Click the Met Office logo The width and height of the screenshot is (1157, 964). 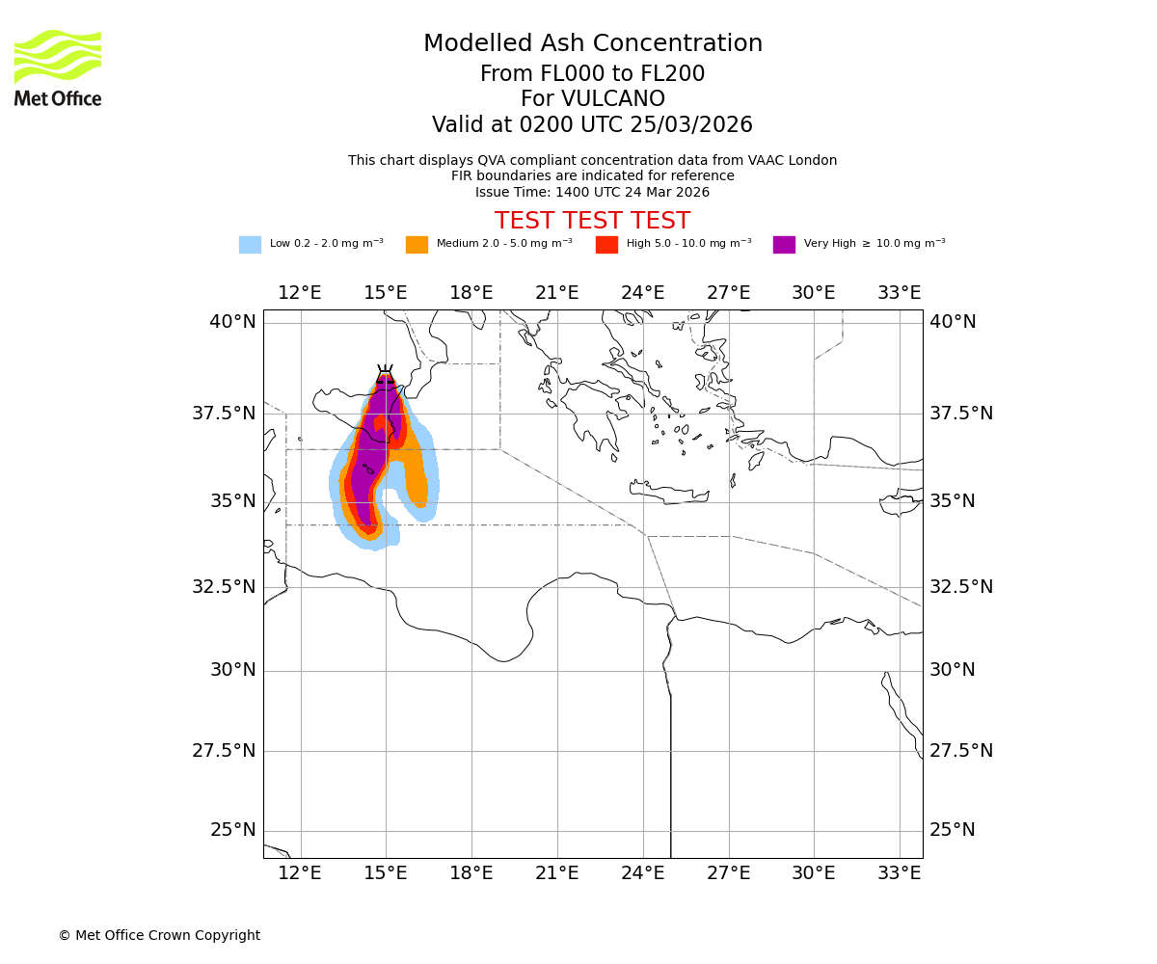click(x=58, y=67)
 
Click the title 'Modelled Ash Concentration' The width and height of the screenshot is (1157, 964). click(x=592, y=44)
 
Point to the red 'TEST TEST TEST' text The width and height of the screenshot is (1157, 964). click(x=592, y=221)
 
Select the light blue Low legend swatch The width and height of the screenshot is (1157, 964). click(x=250, y=245)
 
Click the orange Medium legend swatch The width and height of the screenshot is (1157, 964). click(x=417, y=245)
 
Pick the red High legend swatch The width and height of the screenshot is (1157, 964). click(x=606, y=245)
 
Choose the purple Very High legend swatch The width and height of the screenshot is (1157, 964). click(x=784, y=245)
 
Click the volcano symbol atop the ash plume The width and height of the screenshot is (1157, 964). click(x=385, y=372)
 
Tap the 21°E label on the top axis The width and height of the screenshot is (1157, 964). click(x=556, y=293)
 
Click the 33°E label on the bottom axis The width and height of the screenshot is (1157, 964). click(x=899, y=873)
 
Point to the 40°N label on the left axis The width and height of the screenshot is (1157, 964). click(x=232, y=322)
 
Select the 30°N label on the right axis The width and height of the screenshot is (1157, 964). click(x=953, y=670)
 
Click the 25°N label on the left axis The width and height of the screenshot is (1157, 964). click(x=232, y=830)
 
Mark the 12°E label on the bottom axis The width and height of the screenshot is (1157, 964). click(x=300, y=873)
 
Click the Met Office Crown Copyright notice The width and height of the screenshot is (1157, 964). click(x=159, y=935)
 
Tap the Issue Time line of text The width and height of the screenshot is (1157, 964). click(x=592, y=192)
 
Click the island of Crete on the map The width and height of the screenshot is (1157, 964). click(x=670, y=493)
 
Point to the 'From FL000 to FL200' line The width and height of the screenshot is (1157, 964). click(x=592, y=74)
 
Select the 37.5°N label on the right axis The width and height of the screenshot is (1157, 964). click(x=960, y=414)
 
